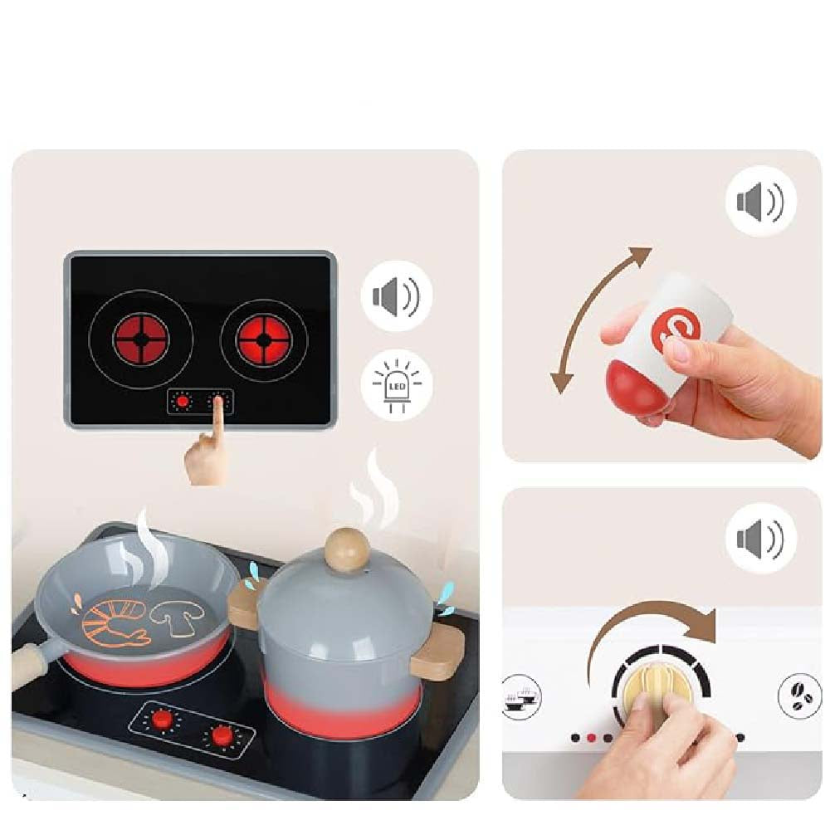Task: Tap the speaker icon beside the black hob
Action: coord(396,295)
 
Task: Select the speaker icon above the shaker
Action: coord(760,201)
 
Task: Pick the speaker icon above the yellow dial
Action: coord(760,539)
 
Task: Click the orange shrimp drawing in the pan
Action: coord(117,622)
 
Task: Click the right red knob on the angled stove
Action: coord(222,735)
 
